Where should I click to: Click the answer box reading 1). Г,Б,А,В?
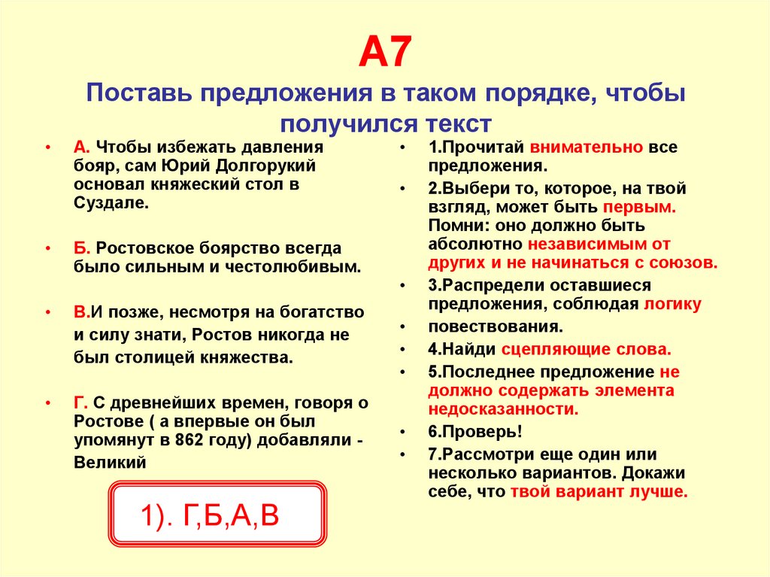point(218,515)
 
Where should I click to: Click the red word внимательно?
point(586,147)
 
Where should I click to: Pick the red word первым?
point(638,207)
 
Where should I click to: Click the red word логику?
point(672,304)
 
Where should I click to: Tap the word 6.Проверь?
point(475,432)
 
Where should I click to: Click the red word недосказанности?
point(503,409)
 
